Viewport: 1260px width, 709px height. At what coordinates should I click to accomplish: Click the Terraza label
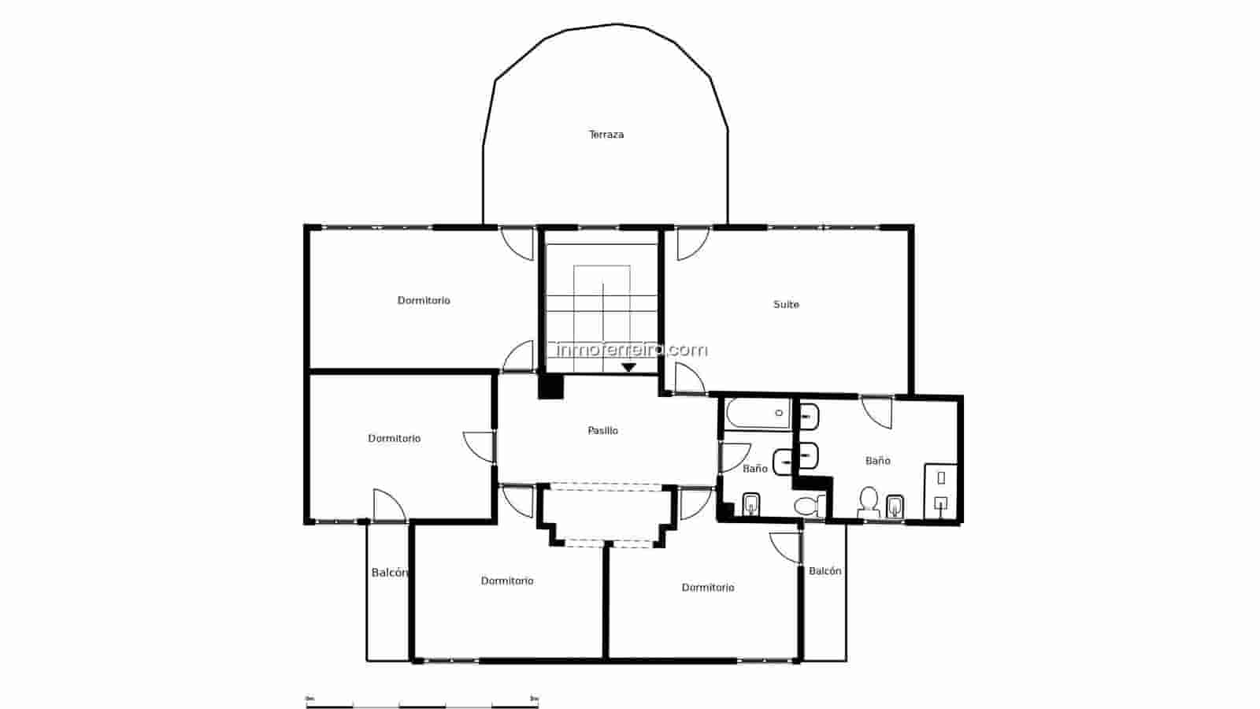606,135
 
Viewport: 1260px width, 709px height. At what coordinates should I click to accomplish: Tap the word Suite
786,304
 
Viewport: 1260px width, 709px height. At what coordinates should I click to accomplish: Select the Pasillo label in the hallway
603,430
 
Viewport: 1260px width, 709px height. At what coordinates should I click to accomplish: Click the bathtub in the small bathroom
757,415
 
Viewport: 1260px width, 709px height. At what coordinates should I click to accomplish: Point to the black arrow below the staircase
628,367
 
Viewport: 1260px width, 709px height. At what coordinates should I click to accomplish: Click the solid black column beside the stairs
550,386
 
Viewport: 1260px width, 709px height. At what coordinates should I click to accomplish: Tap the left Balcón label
389,573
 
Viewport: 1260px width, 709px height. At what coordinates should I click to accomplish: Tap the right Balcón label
825,571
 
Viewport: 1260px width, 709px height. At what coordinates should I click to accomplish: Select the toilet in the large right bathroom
869,501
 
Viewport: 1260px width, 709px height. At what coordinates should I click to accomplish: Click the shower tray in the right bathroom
941,492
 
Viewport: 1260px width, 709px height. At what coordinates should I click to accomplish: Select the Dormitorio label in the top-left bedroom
424,300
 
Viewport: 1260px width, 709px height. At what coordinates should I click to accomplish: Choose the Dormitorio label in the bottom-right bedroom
708,588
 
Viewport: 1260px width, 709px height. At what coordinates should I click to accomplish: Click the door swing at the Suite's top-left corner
691,243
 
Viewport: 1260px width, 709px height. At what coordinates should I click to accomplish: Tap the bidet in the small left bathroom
750,504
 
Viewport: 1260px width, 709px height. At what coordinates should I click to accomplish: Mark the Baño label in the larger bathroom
877,461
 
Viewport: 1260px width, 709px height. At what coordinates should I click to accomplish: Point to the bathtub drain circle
780,413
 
